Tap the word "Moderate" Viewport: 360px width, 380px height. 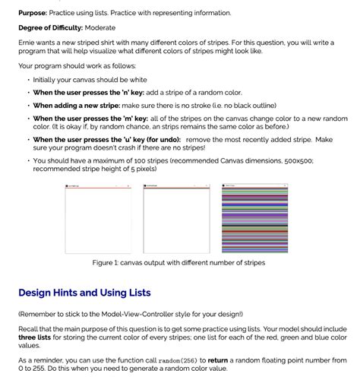[x=100, y=28]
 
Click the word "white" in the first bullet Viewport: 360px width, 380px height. [x=137, y=80]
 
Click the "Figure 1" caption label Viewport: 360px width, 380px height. [x=106, y=262]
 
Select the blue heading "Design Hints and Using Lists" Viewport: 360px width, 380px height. [x=84, y=293]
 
